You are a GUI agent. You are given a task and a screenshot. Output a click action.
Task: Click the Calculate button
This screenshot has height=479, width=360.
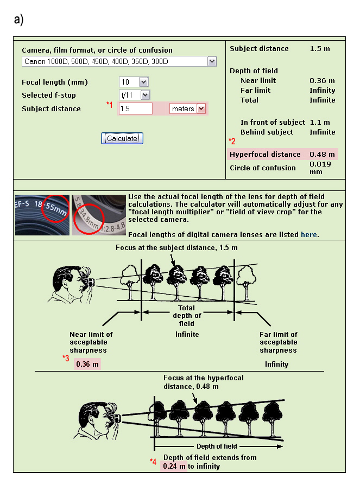122,138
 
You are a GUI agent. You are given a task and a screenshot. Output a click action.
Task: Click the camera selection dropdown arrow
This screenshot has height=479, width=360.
212,62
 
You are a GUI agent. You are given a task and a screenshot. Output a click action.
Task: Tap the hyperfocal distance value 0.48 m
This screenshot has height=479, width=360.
322,155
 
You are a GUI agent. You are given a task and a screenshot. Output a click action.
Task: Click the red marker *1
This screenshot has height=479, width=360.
109,105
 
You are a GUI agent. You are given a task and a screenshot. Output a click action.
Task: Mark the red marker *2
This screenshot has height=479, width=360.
232,142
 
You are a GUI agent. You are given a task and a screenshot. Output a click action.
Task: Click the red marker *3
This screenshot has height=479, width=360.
66,357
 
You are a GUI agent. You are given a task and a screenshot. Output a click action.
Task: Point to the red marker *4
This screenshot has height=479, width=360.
153,462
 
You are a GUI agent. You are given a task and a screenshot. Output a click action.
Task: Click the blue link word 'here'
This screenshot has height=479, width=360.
309,234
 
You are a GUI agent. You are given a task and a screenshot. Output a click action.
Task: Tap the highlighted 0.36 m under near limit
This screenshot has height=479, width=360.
87,364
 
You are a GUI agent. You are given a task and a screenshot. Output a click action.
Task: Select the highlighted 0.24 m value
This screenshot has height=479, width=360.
174,466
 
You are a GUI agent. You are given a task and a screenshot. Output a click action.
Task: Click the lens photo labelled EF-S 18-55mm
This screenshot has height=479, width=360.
42,214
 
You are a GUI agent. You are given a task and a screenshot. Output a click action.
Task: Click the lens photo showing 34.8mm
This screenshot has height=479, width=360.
98,214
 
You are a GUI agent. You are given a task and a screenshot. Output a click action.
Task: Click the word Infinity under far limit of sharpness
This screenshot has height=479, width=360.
276,364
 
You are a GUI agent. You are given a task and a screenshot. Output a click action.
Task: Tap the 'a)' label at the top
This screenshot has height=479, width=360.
18,20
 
